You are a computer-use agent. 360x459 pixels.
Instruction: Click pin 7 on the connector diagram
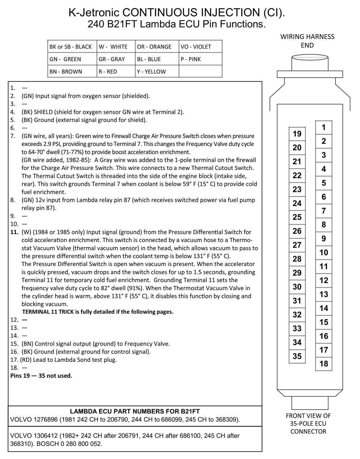pyautogui.click(x=323, y=211)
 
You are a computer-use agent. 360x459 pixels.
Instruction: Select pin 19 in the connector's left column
pyautogui.click(x=297, y=134)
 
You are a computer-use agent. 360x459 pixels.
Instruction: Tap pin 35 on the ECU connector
pyautogui.click(x=297, y=356)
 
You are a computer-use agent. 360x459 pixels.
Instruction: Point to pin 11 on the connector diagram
pyautogui.click(x=323, y=267)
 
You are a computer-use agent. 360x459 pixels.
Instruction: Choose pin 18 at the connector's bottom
pyautogui.click(x=323, y=364)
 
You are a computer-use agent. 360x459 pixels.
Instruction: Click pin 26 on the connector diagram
pyautogui.click(x=297, y=231)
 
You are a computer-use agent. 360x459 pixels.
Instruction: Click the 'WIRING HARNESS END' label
pyautogui.click(x=307, y=41)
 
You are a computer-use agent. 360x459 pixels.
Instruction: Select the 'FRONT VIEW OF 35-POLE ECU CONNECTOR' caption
pyautogui.click(x=308, y=424)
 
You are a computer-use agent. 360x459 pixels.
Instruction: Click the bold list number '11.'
pyautogui.click(x=15, y=232)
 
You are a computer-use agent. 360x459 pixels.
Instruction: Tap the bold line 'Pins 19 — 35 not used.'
pyautogui.click(x=41, y=376)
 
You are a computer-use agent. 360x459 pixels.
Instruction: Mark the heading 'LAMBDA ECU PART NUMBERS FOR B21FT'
pyautogui.click(x=135, y=412)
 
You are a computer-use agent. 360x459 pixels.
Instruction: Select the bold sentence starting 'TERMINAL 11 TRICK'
pyautogui.click(x=98, y=312)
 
